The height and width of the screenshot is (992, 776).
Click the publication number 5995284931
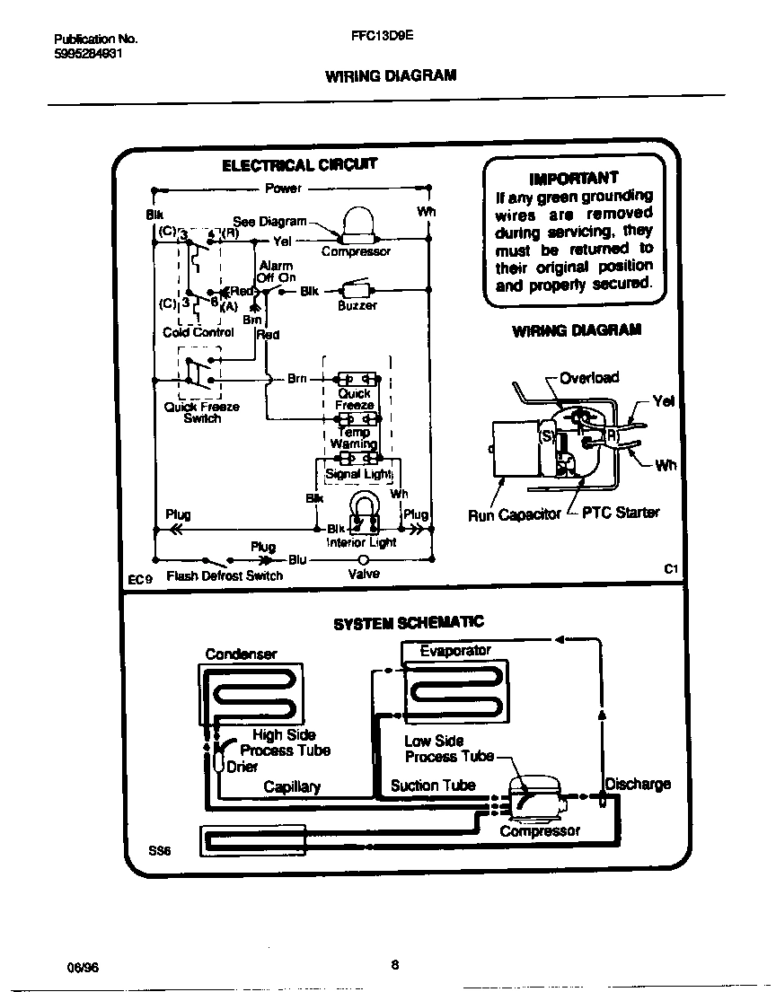pyautogui.click(x=88, y=53)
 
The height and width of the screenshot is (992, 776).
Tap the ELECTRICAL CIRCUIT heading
pyautogui.click(x=299, y=165)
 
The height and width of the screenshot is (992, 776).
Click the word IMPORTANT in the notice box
pyautogui.click(x=574, y=178)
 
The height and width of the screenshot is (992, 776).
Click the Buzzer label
pyautogui.click(x=357, y=305)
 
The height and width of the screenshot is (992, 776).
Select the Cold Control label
pyautogui.click(x=198, y=332)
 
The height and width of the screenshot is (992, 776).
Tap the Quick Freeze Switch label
pyautogui.click(x=201, y=412)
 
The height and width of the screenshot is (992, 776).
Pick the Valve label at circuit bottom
pyautogui.click(x=364, y=574)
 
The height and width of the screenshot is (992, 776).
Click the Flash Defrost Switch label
pyautogui.click(x=225, y=575)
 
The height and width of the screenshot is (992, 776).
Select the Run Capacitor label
pyautogui.click(x=514, y=514)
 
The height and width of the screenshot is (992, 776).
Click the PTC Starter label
pyautogui.click(x=621, y=513)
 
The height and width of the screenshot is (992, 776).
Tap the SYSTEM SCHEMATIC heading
pyautogui.click(x=408, y=622)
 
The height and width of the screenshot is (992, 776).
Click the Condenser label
pyautogui.click(x=241, y=654)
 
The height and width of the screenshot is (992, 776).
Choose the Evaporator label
pyautogui.click(x=455, y=650)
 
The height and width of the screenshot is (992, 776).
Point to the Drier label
pyautogui.click(x=242, y=767)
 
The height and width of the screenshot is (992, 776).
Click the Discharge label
pyautogui.click(x=638, y=784)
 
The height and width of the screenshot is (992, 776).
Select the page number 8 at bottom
pyautogui.click(x=395, y=966)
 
